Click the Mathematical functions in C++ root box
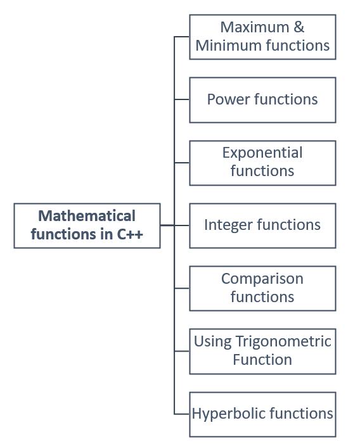coord(87,225)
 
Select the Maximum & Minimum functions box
coord(262,37)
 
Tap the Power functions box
coord(262,99)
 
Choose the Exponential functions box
coord(262,162)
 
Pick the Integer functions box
coord(262,225)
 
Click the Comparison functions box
coord(262,288)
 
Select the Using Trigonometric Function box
coord(262,351)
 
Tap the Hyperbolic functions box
coord(262,414)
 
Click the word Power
coord(228,99)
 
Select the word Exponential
coord(262,153)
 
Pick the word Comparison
coord(262,279)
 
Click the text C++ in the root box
coord(129,234)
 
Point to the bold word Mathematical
coord(87,216)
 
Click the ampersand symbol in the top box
coord(298,27)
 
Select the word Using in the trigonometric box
coord(213,341)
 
